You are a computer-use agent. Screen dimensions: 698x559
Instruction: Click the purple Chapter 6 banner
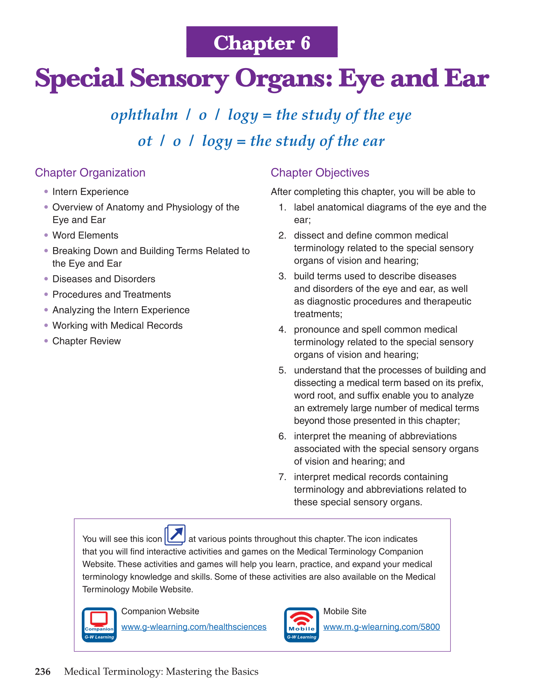pos(262,42)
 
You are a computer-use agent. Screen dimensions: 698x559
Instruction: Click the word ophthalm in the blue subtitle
pos(144,115)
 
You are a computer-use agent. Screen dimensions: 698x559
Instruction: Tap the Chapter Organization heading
pos(90,172)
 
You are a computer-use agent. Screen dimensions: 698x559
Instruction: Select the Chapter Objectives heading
pos(320,172)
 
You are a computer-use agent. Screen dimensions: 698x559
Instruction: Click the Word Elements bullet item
pos(85,235)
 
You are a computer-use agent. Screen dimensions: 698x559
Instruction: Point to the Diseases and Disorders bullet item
pos(104,279)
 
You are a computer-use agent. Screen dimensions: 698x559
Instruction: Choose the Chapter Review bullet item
pos(86,341)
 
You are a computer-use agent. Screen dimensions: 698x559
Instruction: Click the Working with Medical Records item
pos(117,325)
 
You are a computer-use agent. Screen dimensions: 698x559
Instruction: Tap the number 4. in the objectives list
pos(282,330)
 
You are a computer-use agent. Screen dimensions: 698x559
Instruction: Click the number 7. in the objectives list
pos(282,477)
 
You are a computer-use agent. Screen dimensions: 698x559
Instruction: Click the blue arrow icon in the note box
pos(175,535)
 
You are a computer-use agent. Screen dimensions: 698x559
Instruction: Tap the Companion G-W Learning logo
pos(99,625)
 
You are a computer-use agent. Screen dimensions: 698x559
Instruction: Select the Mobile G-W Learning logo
pos(302,625)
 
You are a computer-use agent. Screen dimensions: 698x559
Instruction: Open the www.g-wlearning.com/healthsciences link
pos(194,627)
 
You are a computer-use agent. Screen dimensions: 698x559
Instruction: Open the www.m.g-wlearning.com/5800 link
pos(382,627)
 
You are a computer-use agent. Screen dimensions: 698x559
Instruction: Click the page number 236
pos(43,671)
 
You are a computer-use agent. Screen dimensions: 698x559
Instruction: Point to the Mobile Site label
pos(345,611)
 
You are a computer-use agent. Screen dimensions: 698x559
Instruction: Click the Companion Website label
pos(160,611)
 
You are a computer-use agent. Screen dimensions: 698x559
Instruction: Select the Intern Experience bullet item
pos(90,192)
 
